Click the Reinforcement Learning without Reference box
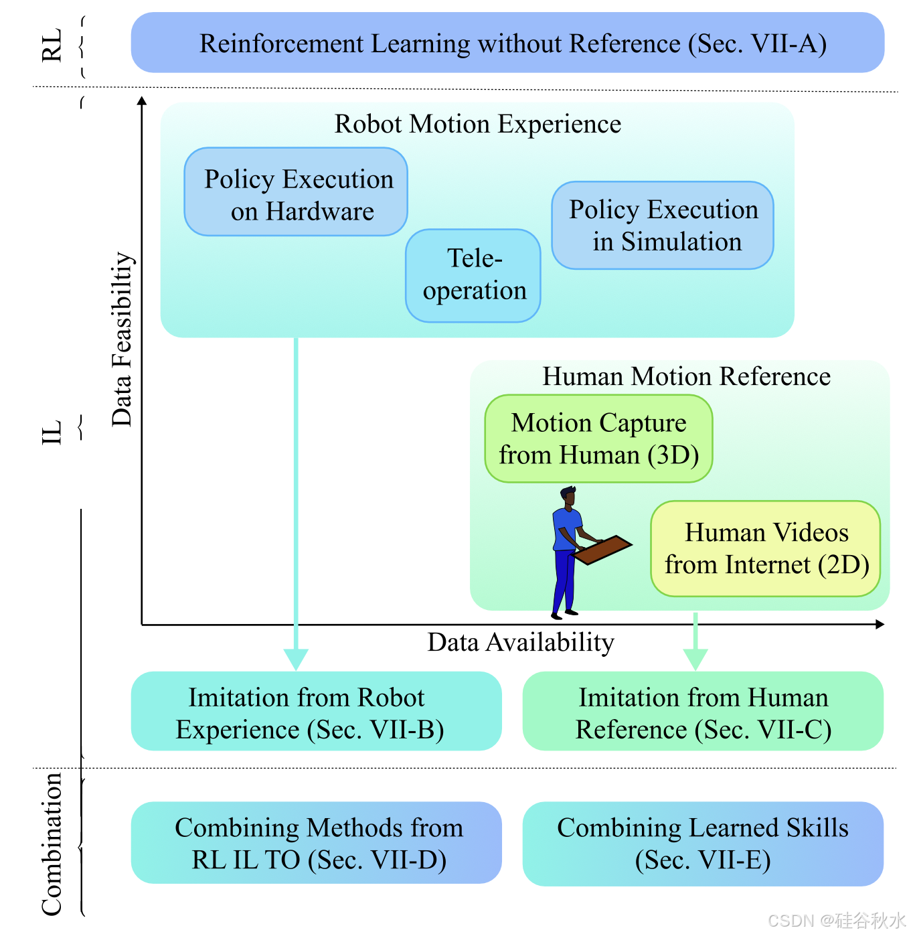click(x=507, y=43)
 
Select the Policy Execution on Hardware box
click(x=296, y=192)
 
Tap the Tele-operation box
click(x=473, y=275)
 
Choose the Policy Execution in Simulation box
click(x=663, y=226)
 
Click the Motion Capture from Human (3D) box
click(x=598, y=439)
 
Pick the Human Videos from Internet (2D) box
click(x=765, y=548)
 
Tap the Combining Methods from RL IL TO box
click(x=316, y=843)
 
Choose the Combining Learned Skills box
click(x=703, y=843)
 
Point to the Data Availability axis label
click(x=521, y=643)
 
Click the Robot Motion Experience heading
click(x=478, y=125)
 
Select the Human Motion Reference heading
click(x=686, y=377)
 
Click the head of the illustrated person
click(x=568, y=497)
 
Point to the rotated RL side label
click(x=52, y=46)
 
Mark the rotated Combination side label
click(x=52, y=844)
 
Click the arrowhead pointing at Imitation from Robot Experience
click(x=296, y=659)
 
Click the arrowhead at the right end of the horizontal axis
click(x=880, y=624)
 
